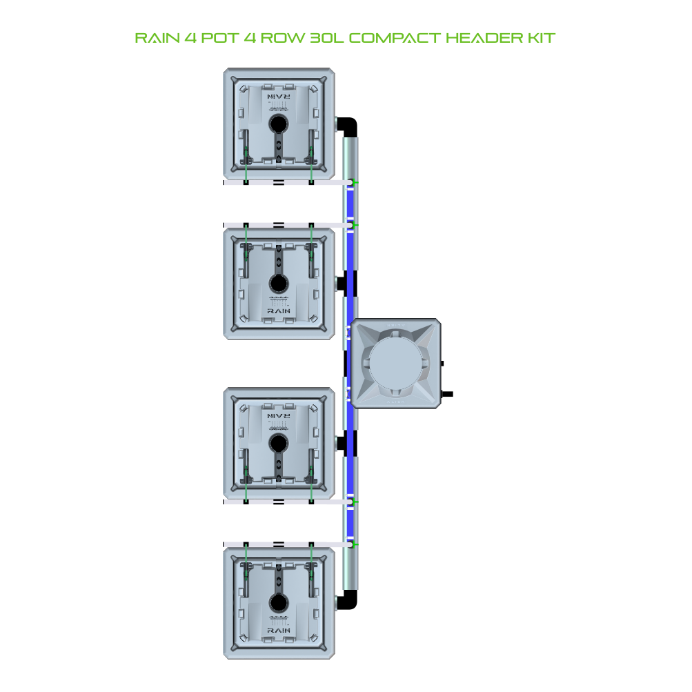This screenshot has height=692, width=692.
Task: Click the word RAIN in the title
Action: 157,38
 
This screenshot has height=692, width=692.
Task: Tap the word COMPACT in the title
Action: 395,38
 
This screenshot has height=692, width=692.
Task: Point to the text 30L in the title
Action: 326,38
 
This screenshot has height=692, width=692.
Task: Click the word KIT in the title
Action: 541,38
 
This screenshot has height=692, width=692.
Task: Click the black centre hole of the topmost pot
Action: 279,123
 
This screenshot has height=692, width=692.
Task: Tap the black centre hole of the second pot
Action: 279,283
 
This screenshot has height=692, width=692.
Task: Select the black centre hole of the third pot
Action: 279,443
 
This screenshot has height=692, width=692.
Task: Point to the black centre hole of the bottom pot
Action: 279,602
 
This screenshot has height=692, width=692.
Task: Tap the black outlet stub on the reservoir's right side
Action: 447,394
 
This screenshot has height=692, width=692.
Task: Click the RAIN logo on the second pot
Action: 279,311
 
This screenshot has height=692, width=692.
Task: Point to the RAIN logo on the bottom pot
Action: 279,630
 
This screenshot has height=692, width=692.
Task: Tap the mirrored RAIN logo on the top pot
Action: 279,96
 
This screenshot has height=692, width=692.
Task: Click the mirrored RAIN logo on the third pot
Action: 279,416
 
